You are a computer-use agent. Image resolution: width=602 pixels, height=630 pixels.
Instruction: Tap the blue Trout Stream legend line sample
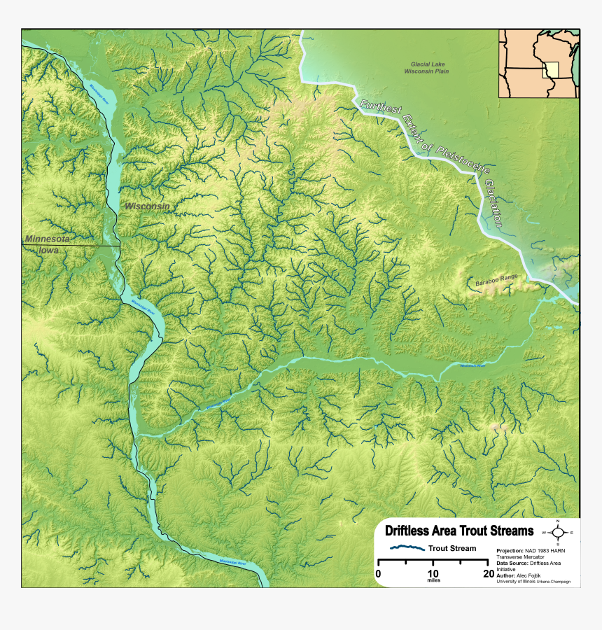[407, 548]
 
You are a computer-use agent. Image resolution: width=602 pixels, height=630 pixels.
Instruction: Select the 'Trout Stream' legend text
[452, 549]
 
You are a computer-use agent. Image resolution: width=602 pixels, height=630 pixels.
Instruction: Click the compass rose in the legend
[557, 533]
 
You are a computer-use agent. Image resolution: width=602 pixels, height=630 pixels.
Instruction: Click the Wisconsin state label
[147, 206]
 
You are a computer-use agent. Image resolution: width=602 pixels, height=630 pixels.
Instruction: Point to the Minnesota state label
[48, 239]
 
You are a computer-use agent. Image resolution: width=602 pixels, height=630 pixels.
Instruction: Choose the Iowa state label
[48, 250]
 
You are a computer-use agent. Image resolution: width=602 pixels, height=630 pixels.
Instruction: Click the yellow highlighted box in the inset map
[552, 70]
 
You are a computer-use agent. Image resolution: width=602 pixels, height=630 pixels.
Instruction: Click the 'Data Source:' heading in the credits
[514, 563]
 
